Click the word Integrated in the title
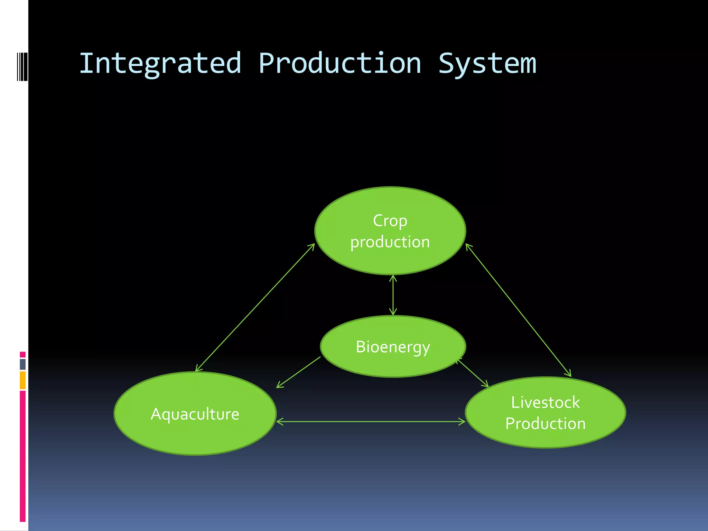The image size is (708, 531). point(160,64)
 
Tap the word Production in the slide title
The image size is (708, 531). point(339,64)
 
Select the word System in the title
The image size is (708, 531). point(487,64)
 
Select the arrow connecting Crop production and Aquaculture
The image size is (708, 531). point(255,308)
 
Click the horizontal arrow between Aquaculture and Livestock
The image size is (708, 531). point(371,421)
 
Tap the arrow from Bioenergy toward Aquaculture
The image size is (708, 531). point(298,372)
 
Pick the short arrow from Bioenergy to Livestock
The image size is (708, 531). point(473,373)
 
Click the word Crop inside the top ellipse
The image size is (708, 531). point(390,221)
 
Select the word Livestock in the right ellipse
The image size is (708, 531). point(545,402)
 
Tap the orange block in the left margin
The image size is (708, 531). point(22,380)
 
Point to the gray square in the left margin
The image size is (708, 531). point(22,364)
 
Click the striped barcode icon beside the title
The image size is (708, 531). point(22,66)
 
